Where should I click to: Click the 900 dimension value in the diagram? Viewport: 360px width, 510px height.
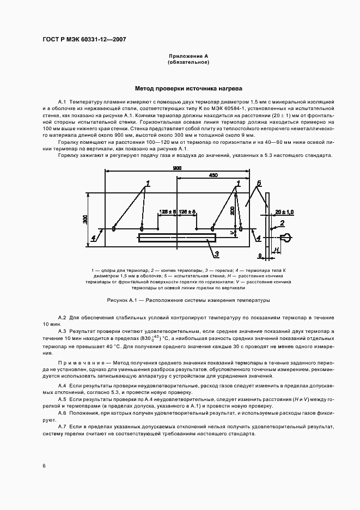[x=178, y=168]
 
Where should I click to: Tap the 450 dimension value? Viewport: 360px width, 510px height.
[x=213, y=175]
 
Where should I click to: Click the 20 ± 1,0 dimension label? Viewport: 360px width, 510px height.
[x=283, y=211]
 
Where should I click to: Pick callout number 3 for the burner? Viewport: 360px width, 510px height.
[x=216, y=254]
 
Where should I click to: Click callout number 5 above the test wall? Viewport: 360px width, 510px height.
[x=259, y=183]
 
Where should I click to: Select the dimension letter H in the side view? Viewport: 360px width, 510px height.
[x=277, y=249]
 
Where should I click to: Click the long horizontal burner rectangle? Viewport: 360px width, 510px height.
[x=176, y=238]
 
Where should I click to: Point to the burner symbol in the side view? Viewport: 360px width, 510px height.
[x=287, y=237]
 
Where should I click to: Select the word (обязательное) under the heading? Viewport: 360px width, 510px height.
[x=188, y=62]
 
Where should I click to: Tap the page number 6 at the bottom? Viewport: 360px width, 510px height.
[x=44, y=466]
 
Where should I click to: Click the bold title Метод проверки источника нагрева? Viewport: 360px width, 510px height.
[x=188, y=88]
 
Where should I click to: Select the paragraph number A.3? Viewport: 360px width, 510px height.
[x=62, y=331]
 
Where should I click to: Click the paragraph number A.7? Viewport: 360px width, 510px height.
[x=62, y=427]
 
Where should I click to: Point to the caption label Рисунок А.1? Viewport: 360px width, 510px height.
[x=123, y=300]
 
